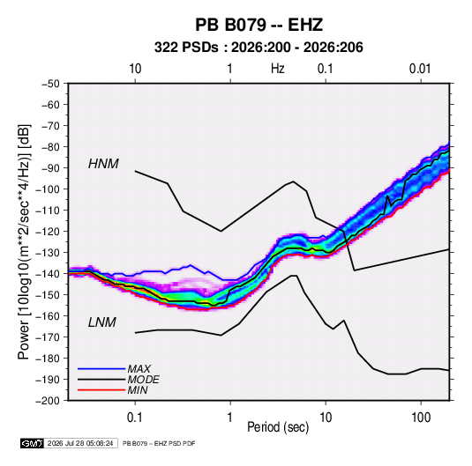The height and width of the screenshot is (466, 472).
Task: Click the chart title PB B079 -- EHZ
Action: click(x=258, y=25)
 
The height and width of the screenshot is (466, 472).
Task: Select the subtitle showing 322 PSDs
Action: click(x=258, y=48)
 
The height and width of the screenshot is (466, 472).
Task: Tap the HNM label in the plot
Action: click(x=103, y=164)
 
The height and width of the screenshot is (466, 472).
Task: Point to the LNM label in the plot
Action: click(x=102, y=322)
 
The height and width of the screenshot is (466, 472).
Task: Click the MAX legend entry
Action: click(x=139, y=368)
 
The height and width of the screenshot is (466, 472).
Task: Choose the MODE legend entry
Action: click(x=143, y=380)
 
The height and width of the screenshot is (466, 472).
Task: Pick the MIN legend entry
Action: click(x=138, y=390)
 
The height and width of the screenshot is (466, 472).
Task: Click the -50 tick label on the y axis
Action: click(x=50, y=84)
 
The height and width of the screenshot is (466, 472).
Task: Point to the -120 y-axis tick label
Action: click(x=48, y=232)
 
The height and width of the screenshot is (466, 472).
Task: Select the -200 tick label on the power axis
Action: click(x=48, y=401)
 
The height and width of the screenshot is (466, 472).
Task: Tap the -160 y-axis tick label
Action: click(x=48, y=316)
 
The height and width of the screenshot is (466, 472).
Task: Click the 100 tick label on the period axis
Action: click(x=421, y=418)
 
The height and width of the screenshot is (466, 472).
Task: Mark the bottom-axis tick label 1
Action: click(x=230, y=418)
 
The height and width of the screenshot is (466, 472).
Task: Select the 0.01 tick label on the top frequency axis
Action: click(x=420, y=69)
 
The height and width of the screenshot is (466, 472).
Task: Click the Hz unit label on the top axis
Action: click(x=278, y=69)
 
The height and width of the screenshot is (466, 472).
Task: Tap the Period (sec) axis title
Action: click(x=278, y=427)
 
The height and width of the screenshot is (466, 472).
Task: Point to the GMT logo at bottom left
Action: click(x=33, y=443)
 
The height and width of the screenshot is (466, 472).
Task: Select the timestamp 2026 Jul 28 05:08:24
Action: click(x=80, y=443)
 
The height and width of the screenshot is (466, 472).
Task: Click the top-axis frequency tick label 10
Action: click(x=135, y=69)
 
